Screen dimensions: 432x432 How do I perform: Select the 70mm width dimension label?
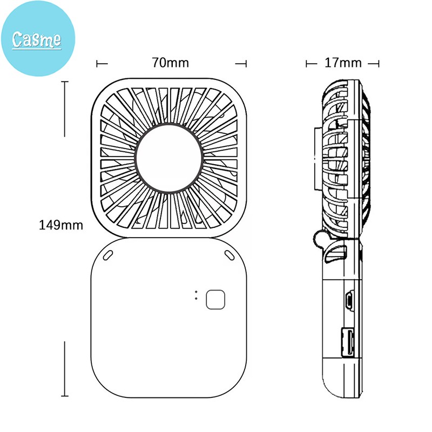click(x=170, y=63)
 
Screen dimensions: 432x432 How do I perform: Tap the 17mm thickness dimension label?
click(x=343, y=63)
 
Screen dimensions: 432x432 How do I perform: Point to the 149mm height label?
click(x=61, y=225)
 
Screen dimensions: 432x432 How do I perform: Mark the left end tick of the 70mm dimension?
click(x=98, y=63)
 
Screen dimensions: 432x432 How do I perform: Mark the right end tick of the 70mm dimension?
click(x=246, y=63)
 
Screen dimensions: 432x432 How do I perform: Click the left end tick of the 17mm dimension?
click(x=307, y=63)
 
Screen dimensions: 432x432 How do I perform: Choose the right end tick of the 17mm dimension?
click(x=378, y=63)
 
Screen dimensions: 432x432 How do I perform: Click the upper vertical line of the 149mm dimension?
click(x=65, y=108)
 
